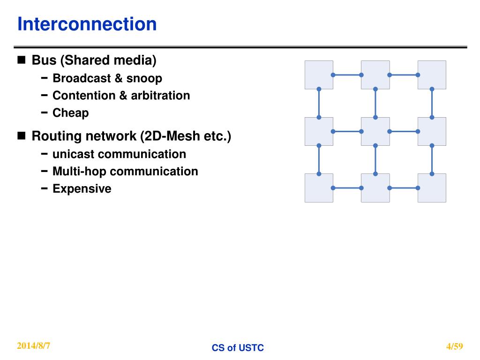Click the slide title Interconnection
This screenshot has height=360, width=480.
pos(87,24)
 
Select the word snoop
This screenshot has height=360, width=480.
pos(144,78)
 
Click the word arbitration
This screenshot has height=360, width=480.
pos(160,96)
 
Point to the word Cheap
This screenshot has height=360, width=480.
pos(70,113)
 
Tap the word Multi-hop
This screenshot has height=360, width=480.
pos(80,172)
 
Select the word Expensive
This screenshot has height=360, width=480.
pos(82,189)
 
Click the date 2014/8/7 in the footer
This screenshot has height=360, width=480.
pos(34,346)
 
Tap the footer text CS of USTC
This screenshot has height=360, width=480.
pos(238,348)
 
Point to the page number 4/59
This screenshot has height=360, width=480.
pos(455,347)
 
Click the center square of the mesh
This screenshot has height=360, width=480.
pos(375,131)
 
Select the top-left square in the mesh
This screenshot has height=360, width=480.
pos(319,75)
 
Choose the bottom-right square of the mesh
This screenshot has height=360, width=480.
pos(432,188)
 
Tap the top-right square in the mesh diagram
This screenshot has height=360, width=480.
pos(432,75)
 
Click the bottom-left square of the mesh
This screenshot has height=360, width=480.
pos(319,188)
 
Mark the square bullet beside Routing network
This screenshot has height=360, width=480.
pos(22,136)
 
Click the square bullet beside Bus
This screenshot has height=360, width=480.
pos(22,60)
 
